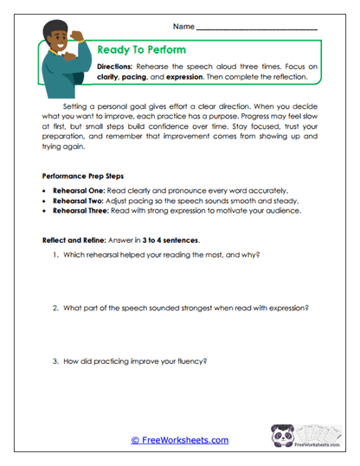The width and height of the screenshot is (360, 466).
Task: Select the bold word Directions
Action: point(115,66)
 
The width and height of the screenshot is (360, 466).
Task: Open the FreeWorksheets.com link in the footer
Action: point(179,440)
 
